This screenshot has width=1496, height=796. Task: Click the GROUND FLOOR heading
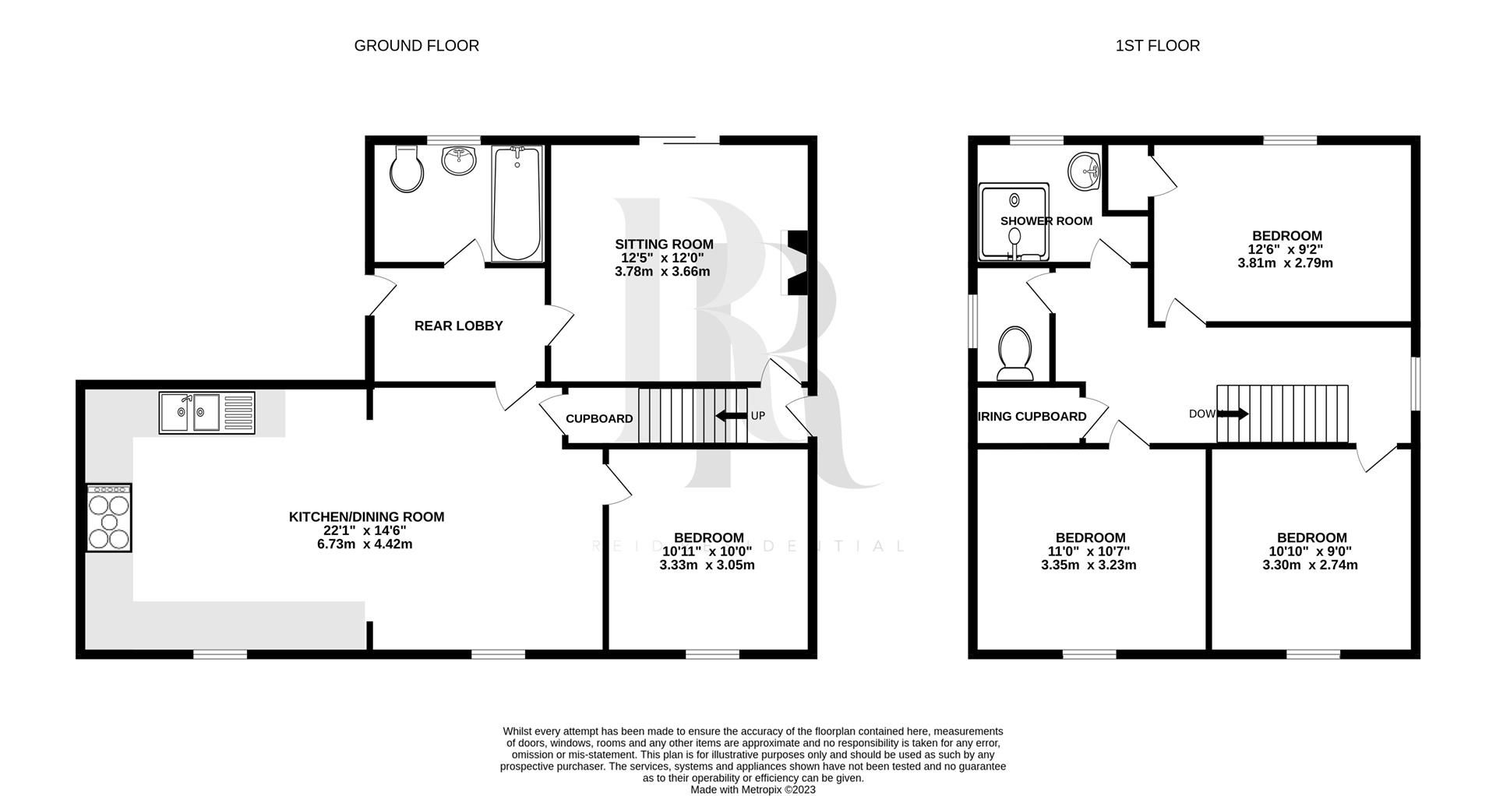416,46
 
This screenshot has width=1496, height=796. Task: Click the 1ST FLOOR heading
1157,46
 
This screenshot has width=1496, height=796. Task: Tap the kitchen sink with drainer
206,412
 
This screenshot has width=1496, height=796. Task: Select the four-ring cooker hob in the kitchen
108,517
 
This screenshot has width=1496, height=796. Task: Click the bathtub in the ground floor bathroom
517,204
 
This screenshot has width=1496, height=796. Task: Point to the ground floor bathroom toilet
407,168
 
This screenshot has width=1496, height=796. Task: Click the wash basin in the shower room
1084,171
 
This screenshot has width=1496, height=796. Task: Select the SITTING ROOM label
664,245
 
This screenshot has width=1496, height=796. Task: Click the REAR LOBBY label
458,326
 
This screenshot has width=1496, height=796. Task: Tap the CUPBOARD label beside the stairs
598,419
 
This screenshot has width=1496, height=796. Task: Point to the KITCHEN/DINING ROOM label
366,516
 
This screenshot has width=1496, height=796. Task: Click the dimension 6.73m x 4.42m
365,544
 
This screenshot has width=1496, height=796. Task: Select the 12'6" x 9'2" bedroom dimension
1285,250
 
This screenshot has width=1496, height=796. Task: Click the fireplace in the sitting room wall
797,263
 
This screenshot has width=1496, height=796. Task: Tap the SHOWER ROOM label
1046,221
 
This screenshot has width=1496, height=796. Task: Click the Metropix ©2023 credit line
753,789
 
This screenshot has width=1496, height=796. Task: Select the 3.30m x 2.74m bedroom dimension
1310,565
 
